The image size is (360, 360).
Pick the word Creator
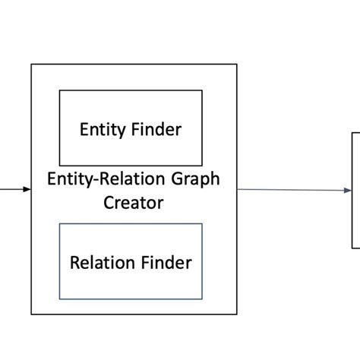133,203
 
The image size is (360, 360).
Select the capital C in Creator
109,203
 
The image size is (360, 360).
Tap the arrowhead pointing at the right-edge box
347,191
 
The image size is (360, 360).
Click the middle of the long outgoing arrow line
294,190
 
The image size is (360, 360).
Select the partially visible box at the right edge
355,190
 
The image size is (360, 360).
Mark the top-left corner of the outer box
31,65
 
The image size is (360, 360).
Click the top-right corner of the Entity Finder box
202,90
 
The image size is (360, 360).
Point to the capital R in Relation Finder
74,263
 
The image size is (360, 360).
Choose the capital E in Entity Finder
84,130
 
